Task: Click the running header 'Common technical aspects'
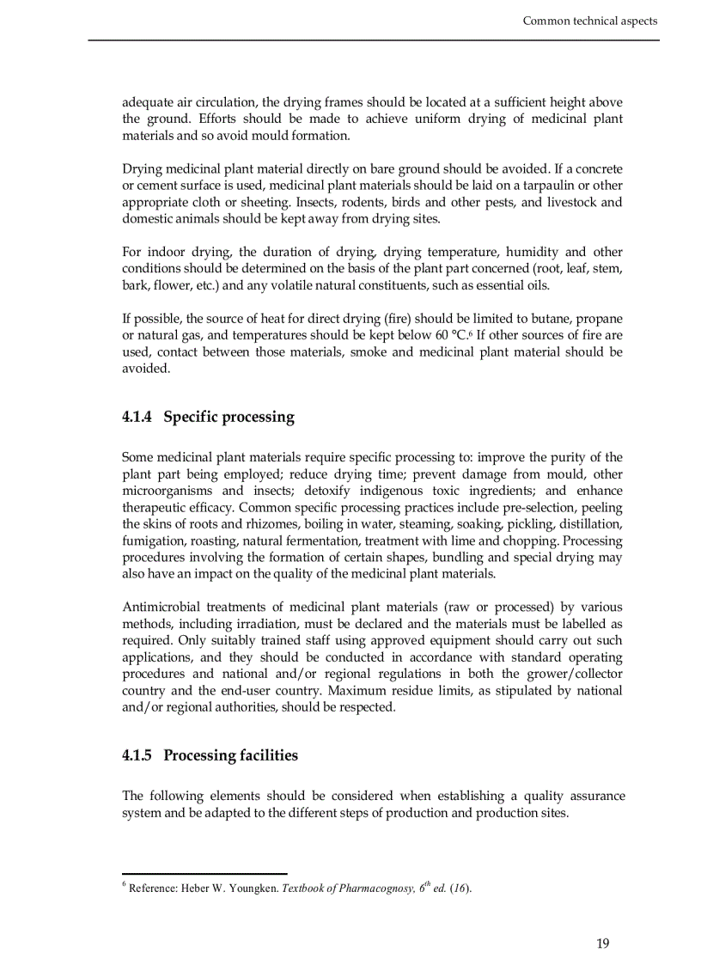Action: (590, 21)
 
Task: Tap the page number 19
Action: (602, 944)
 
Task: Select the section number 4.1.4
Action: (137, 418)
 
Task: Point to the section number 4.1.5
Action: (137, 755)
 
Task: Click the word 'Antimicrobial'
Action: (163, 607)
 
